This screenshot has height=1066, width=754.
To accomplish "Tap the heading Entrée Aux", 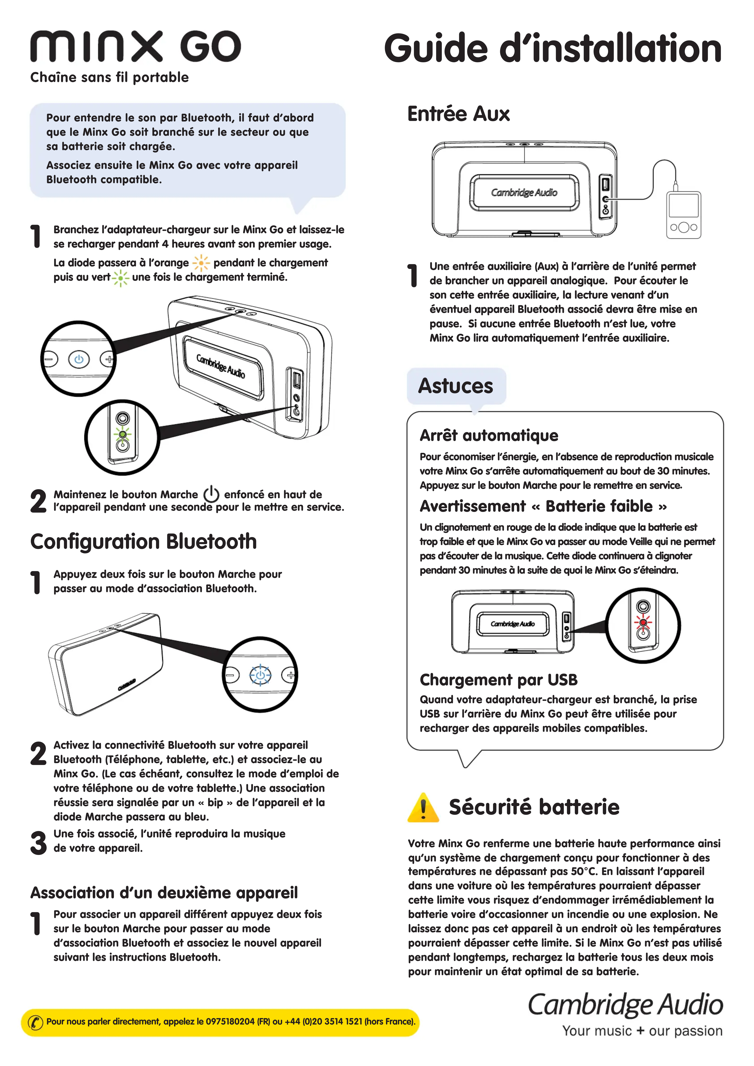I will [x=459, y=114].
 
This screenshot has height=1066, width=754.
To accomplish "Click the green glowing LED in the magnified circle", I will [x=123, y=434].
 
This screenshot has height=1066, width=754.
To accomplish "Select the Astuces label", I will [x=455, y=386].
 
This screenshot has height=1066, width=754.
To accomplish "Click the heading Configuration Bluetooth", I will [x=144, y=541].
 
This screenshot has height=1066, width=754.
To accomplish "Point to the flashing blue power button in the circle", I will [x=261, y=675].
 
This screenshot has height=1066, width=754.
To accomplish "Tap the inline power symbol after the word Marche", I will [x=211, y=494].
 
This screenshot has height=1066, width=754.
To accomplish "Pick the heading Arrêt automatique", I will [x=489, y=435].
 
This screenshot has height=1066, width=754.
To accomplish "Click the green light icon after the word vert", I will [x=121, y=278].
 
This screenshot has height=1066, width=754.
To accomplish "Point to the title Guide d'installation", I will [x=552, y=48].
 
